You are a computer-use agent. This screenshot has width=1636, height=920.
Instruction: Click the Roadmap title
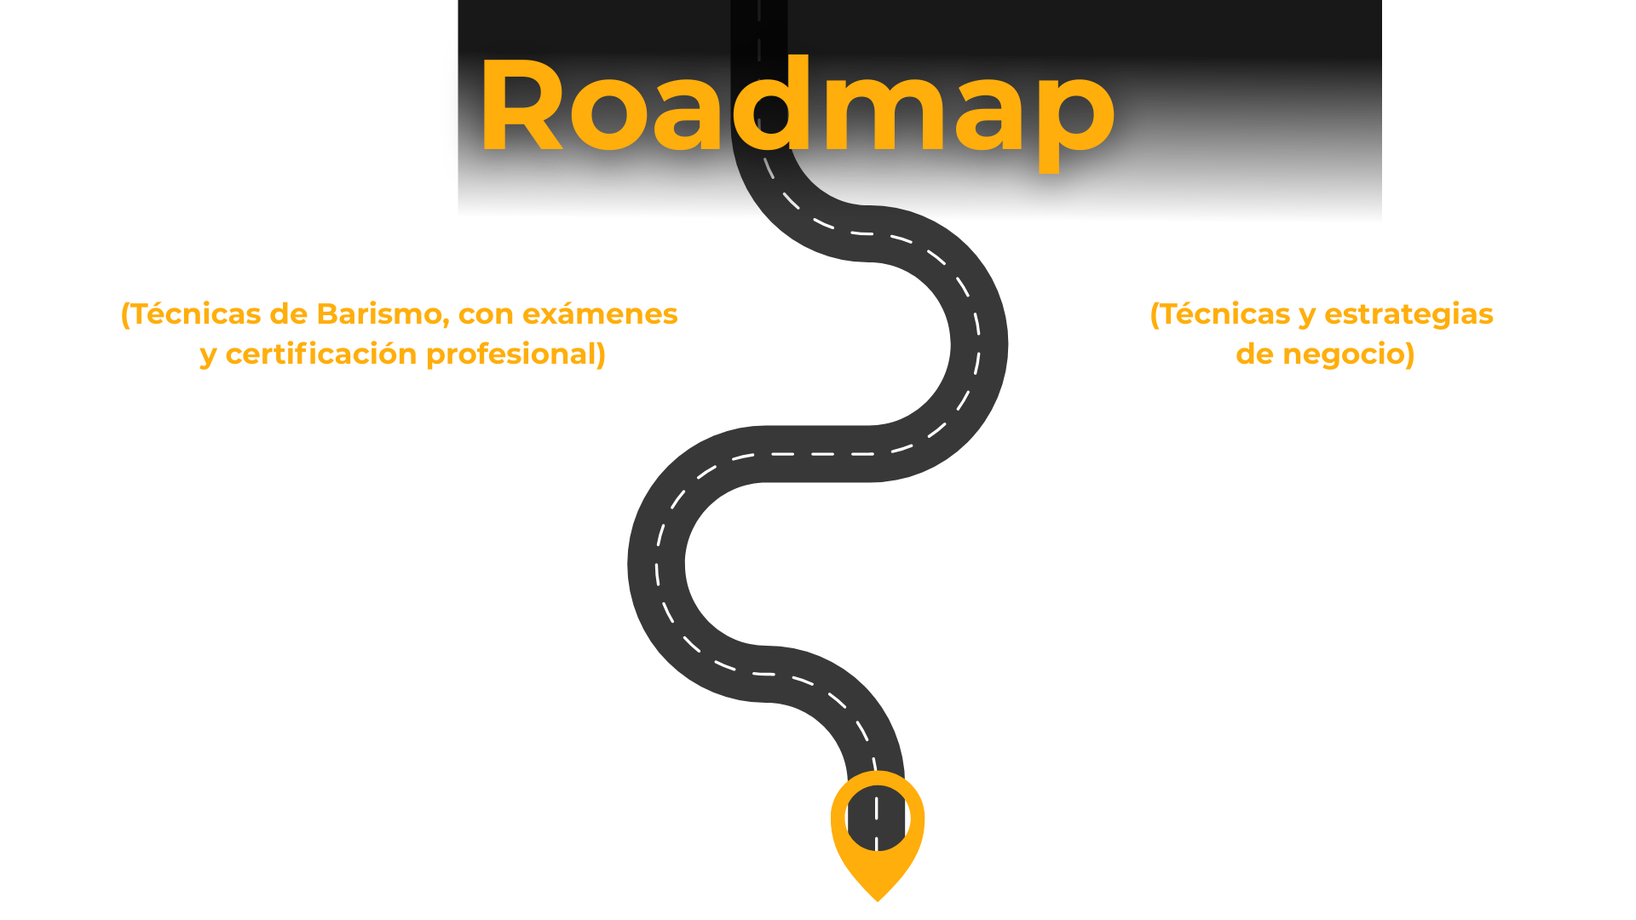click(797, 106)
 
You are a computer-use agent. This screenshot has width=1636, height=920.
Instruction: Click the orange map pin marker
click(877, 831)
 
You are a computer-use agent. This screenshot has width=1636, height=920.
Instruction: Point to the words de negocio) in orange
click(1324, 354)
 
